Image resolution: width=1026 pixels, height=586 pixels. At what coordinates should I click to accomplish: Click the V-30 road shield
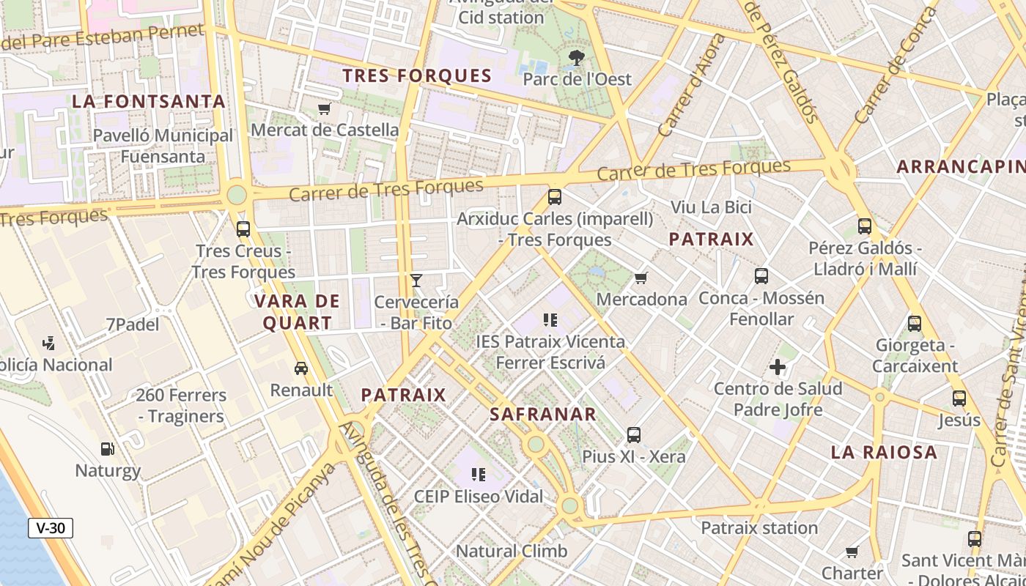pos(51,527)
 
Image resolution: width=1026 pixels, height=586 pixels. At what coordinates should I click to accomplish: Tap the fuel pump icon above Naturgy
pos(108,448)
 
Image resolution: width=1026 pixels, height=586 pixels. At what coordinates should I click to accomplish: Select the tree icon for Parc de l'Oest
pos(577,57)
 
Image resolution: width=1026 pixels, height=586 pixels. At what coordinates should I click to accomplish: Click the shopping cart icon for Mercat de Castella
pos(325,109)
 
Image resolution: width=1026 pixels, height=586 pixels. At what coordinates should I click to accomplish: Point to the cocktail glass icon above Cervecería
pos(416,280)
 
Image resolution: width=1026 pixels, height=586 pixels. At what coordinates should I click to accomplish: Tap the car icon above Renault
pos(300,368)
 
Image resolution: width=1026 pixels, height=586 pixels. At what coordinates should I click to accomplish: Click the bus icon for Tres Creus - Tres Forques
pos(243,229)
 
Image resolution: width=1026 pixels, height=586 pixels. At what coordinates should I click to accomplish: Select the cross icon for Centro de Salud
pos(778,366)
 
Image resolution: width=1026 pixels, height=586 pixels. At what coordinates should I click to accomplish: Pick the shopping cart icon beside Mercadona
pos(641,278)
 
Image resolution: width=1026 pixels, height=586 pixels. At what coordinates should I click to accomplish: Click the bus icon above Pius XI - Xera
pos(634,434)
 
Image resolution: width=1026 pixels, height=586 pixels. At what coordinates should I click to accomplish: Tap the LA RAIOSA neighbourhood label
pos(884,452)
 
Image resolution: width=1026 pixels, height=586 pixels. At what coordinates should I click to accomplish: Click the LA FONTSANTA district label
pos(149,101)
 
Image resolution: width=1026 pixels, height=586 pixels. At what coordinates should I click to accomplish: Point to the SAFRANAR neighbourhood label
pos(543,414)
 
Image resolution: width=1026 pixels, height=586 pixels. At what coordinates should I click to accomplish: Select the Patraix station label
pos(759,527)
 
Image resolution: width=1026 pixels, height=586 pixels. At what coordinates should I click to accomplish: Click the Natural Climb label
pos(512,551)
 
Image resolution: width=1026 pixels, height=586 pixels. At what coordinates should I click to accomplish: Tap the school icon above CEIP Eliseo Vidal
pos(479,475)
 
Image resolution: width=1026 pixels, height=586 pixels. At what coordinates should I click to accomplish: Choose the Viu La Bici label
pos(712,207)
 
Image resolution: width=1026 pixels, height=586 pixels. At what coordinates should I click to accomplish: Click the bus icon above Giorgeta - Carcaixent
pos(915,323)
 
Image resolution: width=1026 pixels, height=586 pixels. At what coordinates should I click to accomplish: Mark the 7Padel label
pos(132,324)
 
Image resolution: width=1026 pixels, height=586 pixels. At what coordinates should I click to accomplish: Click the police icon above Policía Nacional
pos(49,343)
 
